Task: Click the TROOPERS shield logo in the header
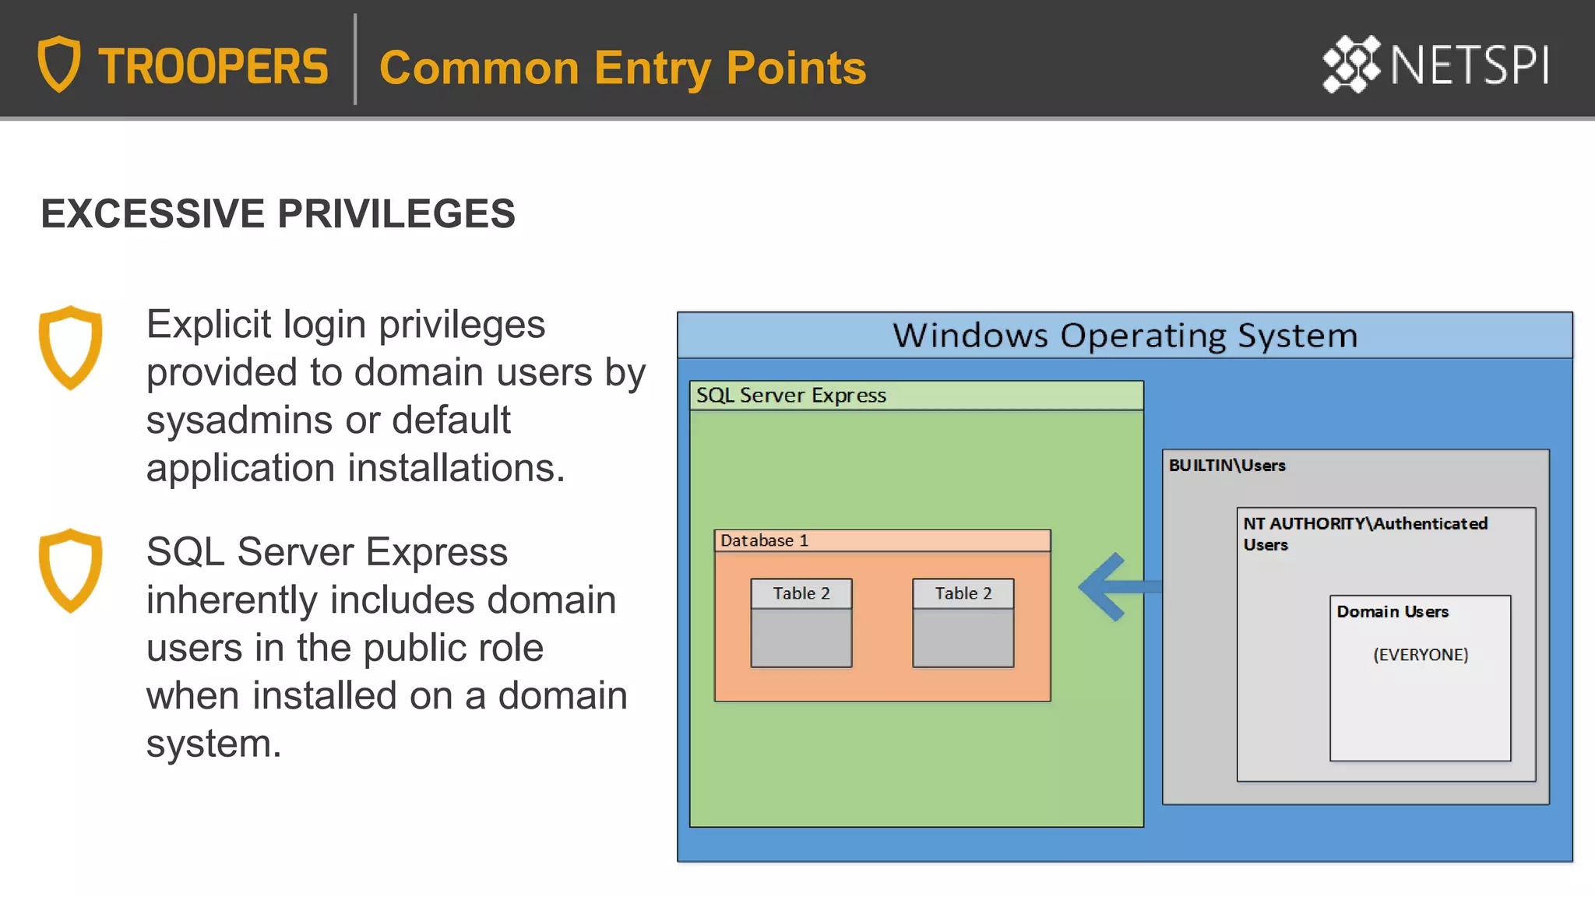59,64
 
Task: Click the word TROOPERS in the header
213,66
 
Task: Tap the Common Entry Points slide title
622,68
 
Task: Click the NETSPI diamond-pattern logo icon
1351,64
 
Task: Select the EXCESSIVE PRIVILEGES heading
278,213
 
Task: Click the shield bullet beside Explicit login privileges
70,347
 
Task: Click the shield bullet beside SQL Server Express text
70,570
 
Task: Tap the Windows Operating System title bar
1124,336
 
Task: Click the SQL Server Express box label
790,396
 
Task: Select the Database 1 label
764,540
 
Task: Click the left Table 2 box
801,622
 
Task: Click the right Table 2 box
963,622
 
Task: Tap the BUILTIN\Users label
1227,466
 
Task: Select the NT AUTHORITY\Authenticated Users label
1364,533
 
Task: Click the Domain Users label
1393,612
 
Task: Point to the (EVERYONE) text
1421,655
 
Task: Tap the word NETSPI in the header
1469,65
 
